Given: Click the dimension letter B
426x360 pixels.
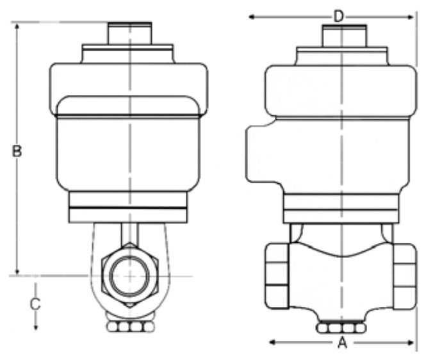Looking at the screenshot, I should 17,151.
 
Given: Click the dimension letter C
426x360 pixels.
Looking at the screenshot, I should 36,304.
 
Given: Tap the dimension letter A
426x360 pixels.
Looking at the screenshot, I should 342,343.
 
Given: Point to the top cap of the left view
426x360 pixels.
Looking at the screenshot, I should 129,33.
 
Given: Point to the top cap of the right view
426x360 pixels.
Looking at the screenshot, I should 344,35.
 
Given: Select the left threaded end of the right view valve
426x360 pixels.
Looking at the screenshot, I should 276,275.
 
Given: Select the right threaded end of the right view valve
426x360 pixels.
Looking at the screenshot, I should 406,275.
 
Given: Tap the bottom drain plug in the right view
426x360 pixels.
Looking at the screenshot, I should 341,328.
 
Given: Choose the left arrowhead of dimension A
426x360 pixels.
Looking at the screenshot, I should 270,343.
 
